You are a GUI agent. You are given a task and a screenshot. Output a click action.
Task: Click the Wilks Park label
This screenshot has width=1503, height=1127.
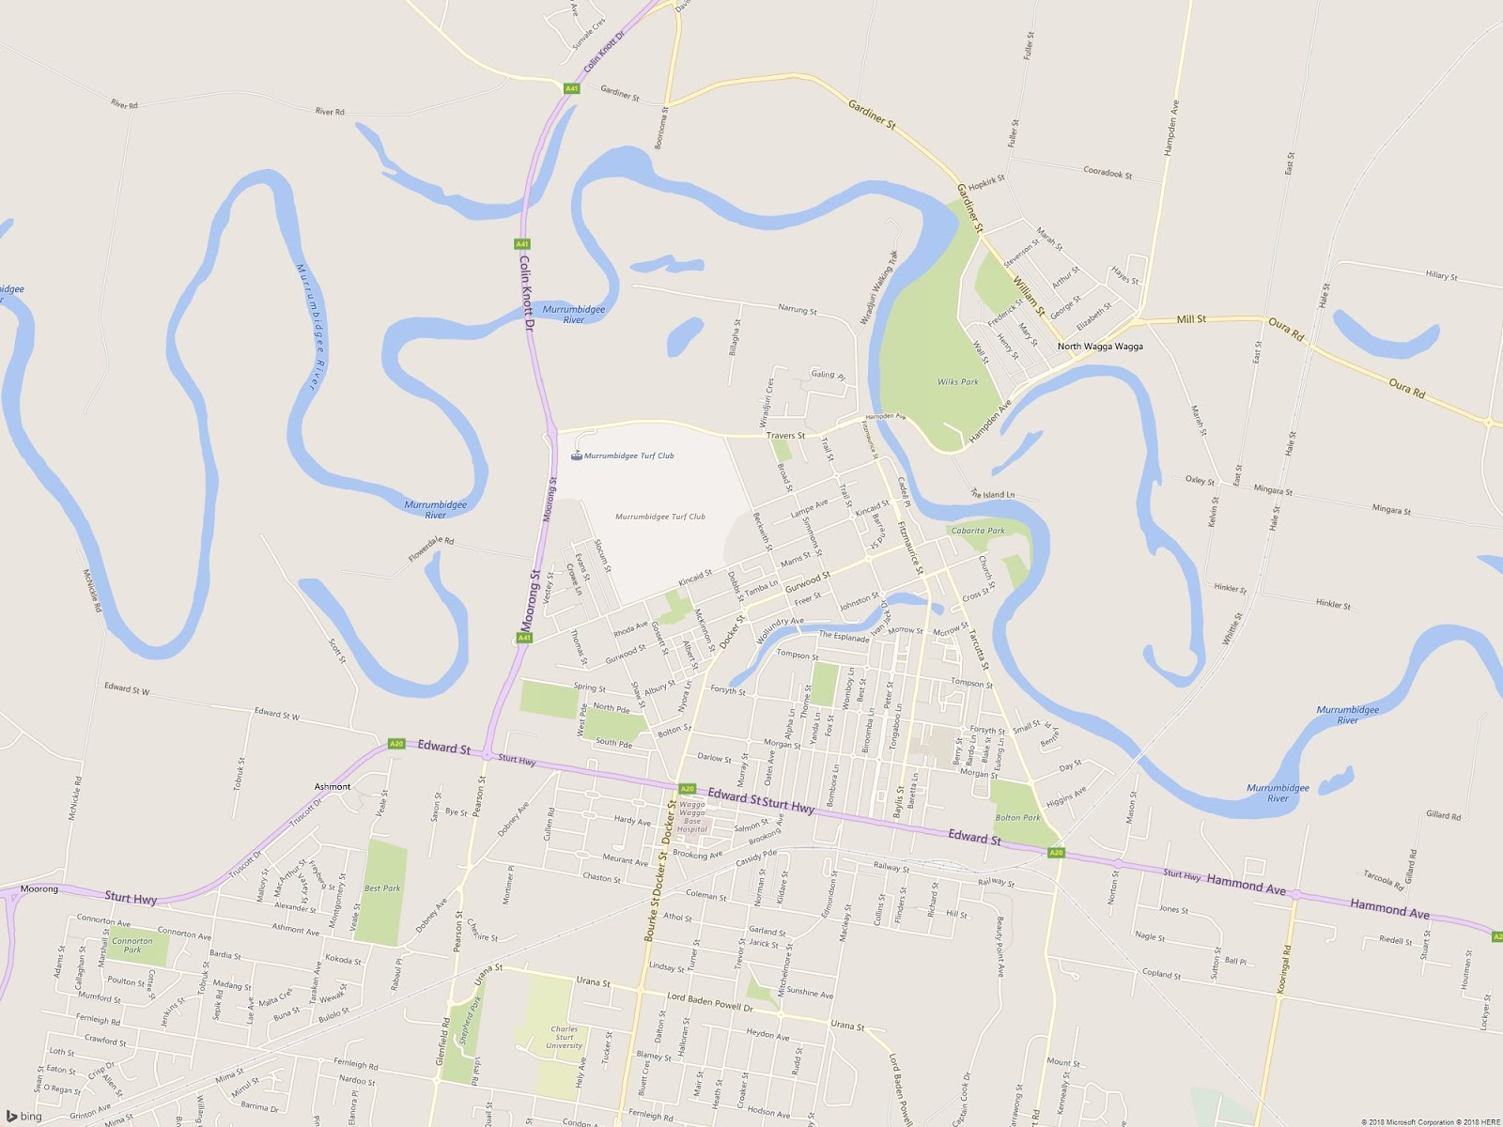tap(957, 382)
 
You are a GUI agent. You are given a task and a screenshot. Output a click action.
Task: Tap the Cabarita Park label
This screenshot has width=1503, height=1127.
tap(978, 531)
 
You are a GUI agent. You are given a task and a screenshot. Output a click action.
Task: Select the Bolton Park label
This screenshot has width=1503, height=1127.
tap(1017, 817)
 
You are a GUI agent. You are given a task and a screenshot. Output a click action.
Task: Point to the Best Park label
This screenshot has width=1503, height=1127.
tap(382, 888)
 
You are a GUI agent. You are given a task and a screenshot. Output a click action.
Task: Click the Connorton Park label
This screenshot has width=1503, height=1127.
tap(132, 945)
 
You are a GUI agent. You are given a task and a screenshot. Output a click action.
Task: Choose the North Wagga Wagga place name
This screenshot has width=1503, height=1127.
tap(1100, 347)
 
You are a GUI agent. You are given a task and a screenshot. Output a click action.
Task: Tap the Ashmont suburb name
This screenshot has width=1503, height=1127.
tap(333, 787)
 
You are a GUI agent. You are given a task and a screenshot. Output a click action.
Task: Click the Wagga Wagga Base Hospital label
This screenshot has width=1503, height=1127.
tap(692, 816)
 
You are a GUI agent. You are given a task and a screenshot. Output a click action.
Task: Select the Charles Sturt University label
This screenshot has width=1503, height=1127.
tap(564, 1037)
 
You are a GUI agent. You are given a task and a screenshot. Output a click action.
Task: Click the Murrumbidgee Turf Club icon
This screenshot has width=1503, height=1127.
tap(576, 456)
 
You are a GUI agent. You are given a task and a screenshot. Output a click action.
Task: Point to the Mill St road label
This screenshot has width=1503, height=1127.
tap(1191, 319)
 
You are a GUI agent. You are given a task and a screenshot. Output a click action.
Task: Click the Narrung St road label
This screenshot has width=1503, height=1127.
tap(798, 309)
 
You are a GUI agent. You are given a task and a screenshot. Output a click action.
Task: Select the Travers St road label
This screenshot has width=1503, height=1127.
tap(785, 436)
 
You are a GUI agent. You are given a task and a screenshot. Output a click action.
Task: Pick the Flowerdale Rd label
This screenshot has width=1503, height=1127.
tap(431, 549)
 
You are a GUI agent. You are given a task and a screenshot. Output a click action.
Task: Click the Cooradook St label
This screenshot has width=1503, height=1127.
tap(1108, 174)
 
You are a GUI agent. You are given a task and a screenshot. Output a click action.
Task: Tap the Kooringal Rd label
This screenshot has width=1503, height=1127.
tap(1284, 970)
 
